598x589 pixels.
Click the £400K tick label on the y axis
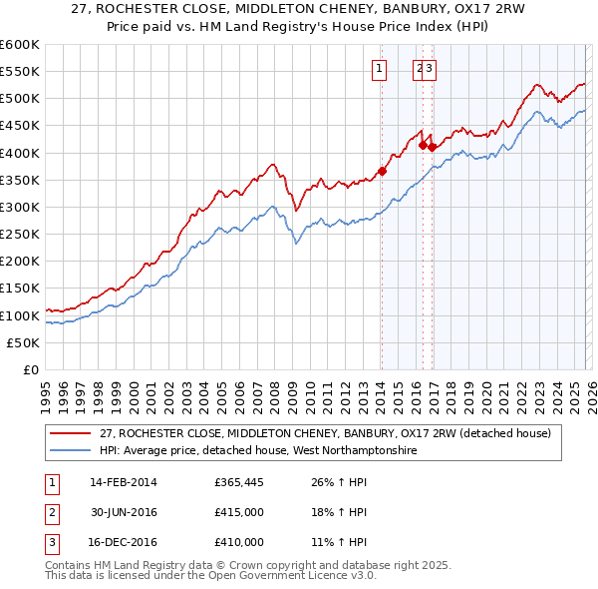(x=20, y=153)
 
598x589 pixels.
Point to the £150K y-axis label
(x=20, y=289)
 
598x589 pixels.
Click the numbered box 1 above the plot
(x=380, y=69)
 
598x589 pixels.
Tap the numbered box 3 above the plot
(x=432, y=69)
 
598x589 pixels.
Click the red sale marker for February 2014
(x=382, y=171)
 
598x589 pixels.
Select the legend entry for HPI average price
(x=258, y=451)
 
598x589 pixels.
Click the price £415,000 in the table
(x=239, y=513)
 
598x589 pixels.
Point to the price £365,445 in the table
(x=239, y=484)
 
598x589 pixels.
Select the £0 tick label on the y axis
(x=30, y=369)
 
